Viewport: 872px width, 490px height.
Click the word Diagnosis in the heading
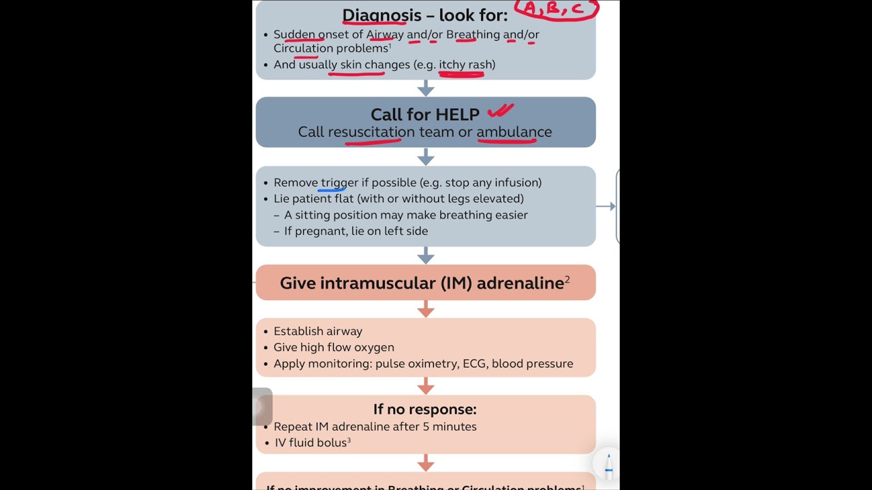(381, 15)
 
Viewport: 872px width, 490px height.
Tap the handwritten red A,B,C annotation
(556, 10)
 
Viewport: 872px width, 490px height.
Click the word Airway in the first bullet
(385, 34)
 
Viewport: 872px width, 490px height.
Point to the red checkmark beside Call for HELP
(500, 110)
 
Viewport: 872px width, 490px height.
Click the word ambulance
(514, 132)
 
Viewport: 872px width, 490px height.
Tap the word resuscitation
(371, 132)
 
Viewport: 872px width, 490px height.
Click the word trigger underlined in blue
(339, 182)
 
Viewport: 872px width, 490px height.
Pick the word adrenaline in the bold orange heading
(520, 283)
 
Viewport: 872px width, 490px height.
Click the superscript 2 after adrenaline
(567, 279)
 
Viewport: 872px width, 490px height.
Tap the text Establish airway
(317, 331)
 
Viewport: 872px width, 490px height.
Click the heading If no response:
(424, 409)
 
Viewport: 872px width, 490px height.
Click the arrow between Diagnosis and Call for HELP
(426, 88)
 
